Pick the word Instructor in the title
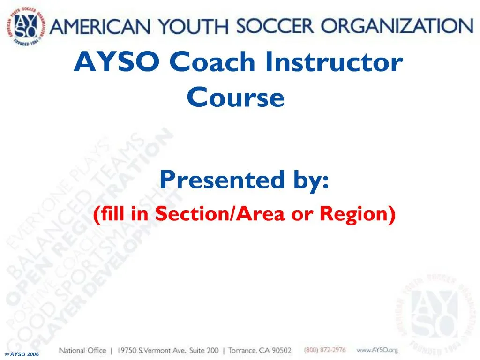coord(333,62)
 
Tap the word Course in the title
coord(235,97)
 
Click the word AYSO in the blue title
coord(118,62)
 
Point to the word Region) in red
coord(358,214)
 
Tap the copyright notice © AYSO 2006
coord(22,354)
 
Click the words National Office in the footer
coord(82,350)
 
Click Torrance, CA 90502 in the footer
coord(260,350)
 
